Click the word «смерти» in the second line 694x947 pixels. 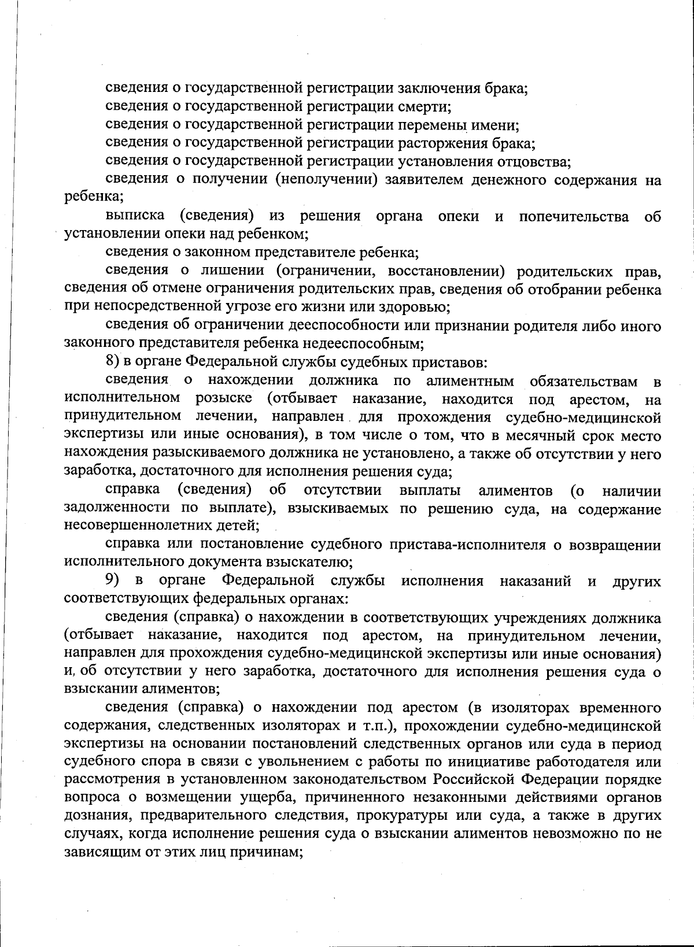coord(425,107)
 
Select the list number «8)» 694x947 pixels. coord(115,362)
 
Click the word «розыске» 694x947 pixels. coord(224,399)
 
